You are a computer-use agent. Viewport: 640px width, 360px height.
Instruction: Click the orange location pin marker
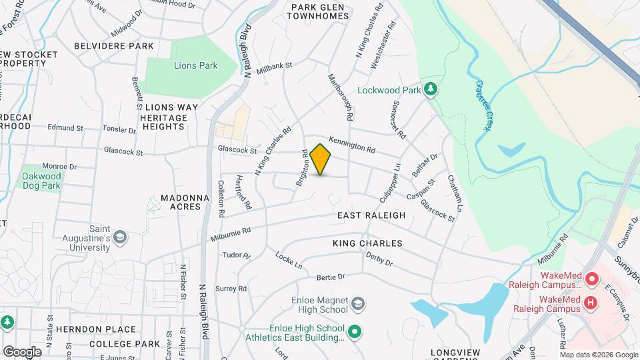tap(321, 159)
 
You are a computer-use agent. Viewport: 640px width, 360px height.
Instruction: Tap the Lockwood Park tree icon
tap(431, 89)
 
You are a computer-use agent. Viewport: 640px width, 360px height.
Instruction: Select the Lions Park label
tap(196, 66)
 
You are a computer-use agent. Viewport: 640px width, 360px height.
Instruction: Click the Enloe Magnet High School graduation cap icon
tap(358, 304)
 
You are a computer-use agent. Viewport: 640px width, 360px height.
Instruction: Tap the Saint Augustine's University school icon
tap(119, 237)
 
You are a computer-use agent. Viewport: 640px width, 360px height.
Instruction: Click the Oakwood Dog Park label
tap(41, 181)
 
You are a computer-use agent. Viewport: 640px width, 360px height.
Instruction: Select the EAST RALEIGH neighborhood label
tap(371, 215)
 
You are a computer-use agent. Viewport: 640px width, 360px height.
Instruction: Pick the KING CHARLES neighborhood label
tap(367, 244)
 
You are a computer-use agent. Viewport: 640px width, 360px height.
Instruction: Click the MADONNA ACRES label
tap(181, 203)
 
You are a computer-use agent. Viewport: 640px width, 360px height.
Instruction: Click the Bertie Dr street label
tap(330, 276)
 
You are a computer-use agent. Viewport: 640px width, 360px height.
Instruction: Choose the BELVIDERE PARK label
tap(114, 46)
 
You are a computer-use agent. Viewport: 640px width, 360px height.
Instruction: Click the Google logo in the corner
tap(22, 351)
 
